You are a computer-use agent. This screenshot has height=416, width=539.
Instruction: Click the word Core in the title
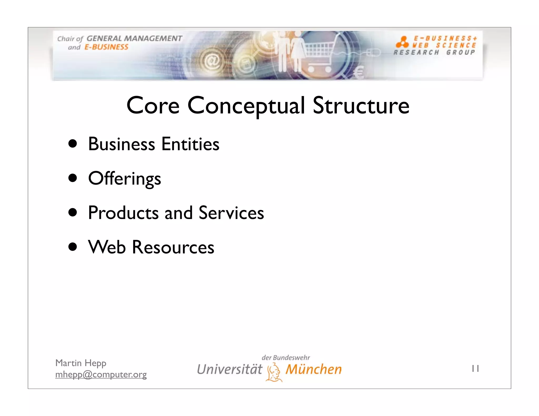(x=153, y=105)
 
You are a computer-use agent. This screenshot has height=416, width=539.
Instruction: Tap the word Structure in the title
(x=361, y=105)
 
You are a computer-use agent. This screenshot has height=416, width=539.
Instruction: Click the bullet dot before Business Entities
(x=72, y=144)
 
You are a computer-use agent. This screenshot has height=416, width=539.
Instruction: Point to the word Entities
(x=190, y=144)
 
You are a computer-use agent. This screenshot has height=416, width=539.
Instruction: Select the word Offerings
(x=124, y=179)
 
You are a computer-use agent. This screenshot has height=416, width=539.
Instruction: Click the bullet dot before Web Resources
(x=72, y=247)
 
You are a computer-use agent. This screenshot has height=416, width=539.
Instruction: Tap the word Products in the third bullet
(x=123, y=212)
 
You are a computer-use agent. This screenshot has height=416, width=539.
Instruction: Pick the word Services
(x=231, y=212)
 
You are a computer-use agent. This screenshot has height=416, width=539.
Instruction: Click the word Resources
(x=173, y=247)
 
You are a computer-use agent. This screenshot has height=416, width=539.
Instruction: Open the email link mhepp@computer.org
(x=101, y=374)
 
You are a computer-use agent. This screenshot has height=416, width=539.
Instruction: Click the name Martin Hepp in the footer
(x=81, y=363)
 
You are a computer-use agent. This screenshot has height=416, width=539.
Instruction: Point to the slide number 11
(x=475, y=369)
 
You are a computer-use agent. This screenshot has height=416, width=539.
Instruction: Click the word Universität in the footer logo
(x=229, y=369)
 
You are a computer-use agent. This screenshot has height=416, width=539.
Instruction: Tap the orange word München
(x=313, y=369)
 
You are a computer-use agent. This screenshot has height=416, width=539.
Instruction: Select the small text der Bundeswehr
(x=286, y=358)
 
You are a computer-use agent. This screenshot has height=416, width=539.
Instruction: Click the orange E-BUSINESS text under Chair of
(x=106, y=47)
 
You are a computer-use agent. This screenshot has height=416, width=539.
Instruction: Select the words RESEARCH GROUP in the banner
(x=434, y=52)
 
